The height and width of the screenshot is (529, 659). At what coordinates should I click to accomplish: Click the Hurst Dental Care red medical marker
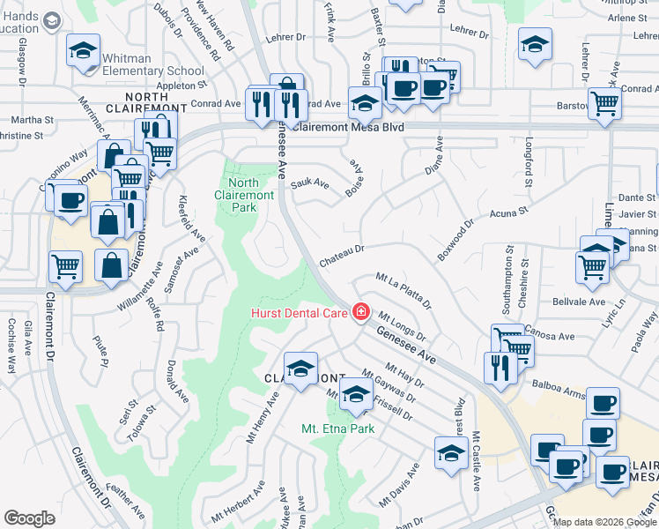click(x=359, y=312)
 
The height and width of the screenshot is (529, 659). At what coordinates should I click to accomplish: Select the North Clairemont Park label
click(x=237, y=195)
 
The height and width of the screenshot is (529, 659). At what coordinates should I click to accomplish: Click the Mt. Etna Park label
click(x=337, y=428)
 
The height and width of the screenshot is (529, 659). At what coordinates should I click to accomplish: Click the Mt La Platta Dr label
click(x=404, y=291)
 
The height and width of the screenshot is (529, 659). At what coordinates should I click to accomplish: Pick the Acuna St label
click(x=507, y=212)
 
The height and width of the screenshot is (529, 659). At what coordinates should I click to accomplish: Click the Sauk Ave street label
click(x=311, y=184)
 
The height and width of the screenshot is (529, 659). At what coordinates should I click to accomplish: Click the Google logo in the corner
click(x=29, y=518)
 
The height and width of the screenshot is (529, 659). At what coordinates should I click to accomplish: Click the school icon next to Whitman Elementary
click(x=84, y=52)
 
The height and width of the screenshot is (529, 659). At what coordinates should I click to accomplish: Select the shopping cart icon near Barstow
click(x=604, y=104)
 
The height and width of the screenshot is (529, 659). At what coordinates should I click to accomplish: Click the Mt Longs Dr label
click(x=402, y=326)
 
